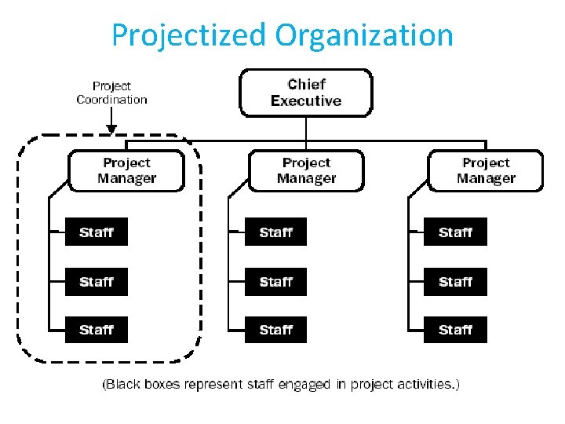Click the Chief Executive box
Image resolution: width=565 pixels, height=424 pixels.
[306, 93]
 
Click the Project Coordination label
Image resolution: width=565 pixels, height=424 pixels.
[111, 93]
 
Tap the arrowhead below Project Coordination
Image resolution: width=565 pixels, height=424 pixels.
[111, 128]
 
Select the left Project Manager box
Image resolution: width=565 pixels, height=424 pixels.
[126, 170]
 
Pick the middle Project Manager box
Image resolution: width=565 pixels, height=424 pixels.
[306, 170]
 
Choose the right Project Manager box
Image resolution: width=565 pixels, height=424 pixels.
[486, 170]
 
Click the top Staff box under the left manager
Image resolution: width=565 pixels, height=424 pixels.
[96, 232]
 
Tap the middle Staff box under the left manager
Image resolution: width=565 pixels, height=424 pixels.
[96, 281]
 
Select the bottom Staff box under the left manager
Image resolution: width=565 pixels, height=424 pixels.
[96, 330]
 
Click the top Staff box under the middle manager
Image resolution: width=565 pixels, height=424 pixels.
[275, 232]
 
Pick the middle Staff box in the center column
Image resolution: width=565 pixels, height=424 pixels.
[275, 281]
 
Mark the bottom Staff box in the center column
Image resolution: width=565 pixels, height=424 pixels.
[275, 330]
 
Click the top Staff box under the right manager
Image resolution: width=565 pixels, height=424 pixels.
[455, 232]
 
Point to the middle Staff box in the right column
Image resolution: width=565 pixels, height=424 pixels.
[455, 281]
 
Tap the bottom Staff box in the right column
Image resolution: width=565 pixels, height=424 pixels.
[455, 330]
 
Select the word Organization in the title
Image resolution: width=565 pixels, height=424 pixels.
[363, 35]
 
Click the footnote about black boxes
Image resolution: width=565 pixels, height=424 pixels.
[281, 384]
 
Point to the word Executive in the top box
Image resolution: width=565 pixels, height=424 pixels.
[306, 101]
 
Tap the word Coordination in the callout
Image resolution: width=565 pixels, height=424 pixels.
[111, 100]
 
